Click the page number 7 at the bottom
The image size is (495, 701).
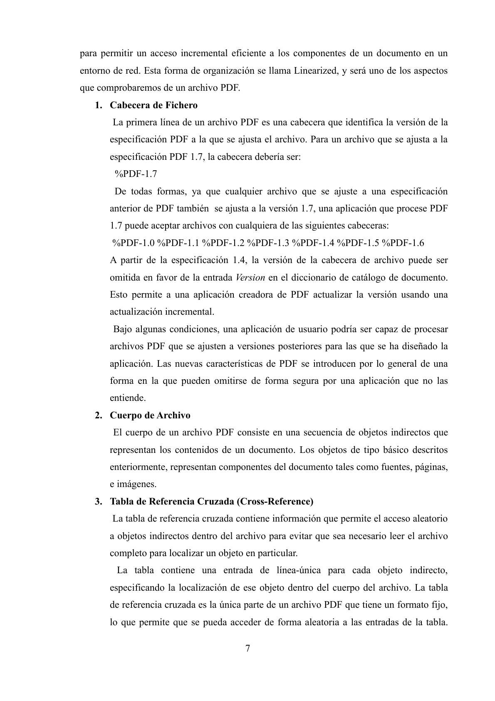pyautogui.click(x=247, y=648)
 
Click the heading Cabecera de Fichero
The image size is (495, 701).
pyautogui.click(x=153, y=105)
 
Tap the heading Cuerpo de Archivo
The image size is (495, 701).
pyautogui.click(x=150, y=415)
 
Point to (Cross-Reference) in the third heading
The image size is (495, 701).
pyautogui.click(x=275, y=501)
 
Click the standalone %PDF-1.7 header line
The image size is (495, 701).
pyautogui.click(x=136, y=174)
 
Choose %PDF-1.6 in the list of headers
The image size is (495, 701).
pyautogui.click(x=403, y=243)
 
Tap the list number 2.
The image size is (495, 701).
pyautogui.click(x=98, y=415)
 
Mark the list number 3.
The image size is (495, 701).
pyautogui.click(x=98, y=501)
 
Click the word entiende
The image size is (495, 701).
pyautogui.click(x=128, y=398)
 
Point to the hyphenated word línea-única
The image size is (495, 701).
pyautogui.click(x=299, y=570)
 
